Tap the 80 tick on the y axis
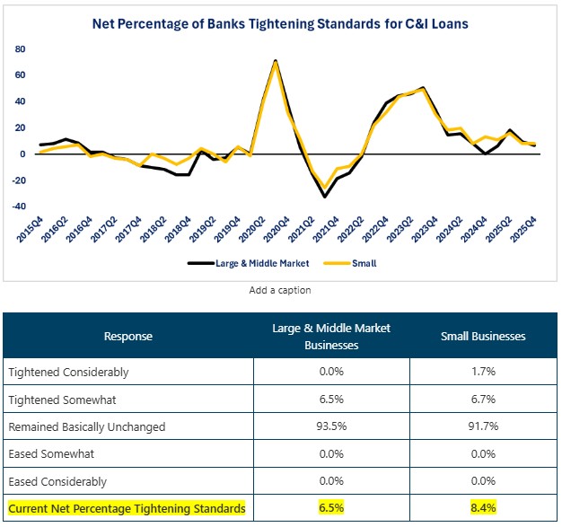(x=20, y=48)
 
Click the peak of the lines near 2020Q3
(x=275, y=61)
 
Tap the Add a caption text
(x=280, y=290)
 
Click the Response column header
(x=128, y=336)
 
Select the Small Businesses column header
(x=483, y=336)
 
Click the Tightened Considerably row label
(x=68, y=372)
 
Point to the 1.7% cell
(x=483, y=372)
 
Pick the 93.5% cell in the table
(x=331, y=426)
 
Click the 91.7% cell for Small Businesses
(x=483, y=426)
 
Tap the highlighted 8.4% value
(x=483, y=509)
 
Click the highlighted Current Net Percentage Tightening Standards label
(x=127, y=509)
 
